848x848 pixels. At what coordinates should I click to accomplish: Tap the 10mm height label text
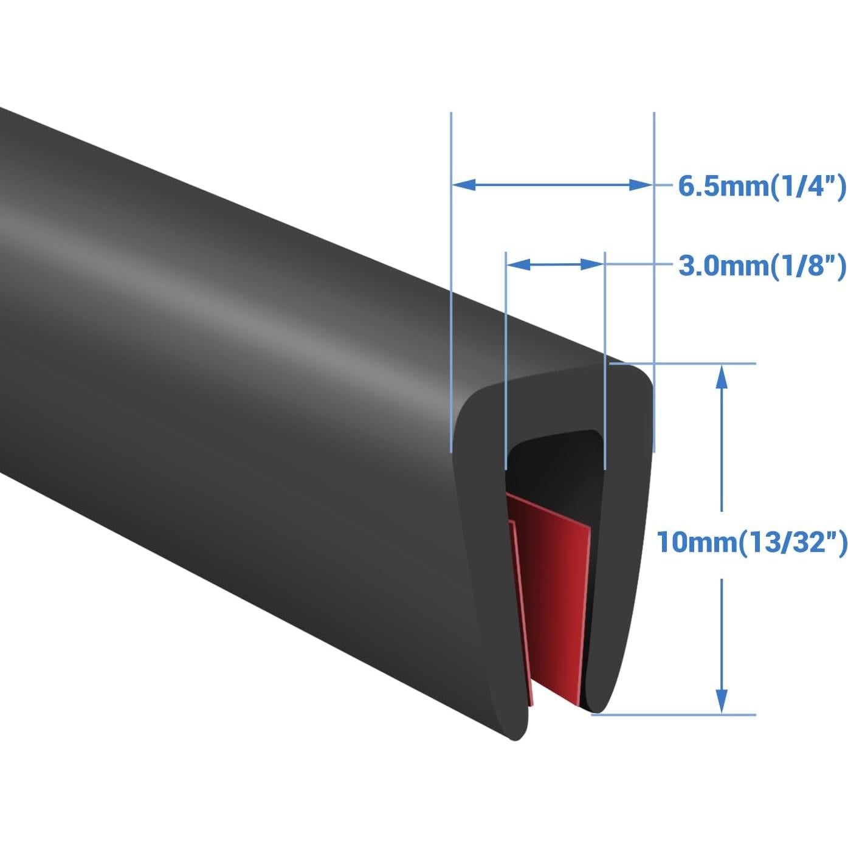click(697, 541)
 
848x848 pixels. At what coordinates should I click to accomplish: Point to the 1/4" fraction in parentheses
click(808, 186)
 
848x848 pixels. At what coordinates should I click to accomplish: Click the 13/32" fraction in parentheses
click(793, 541)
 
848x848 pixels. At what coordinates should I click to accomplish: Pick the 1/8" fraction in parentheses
click(808, 266)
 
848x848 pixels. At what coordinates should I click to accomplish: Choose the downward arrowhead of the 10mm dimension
click(721, 701)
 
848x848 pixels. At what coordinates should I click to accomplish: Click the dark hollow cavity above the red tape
click(553, 462)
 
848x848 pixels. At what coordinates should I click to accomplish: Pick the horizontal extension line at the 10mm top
click(699, 364)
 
